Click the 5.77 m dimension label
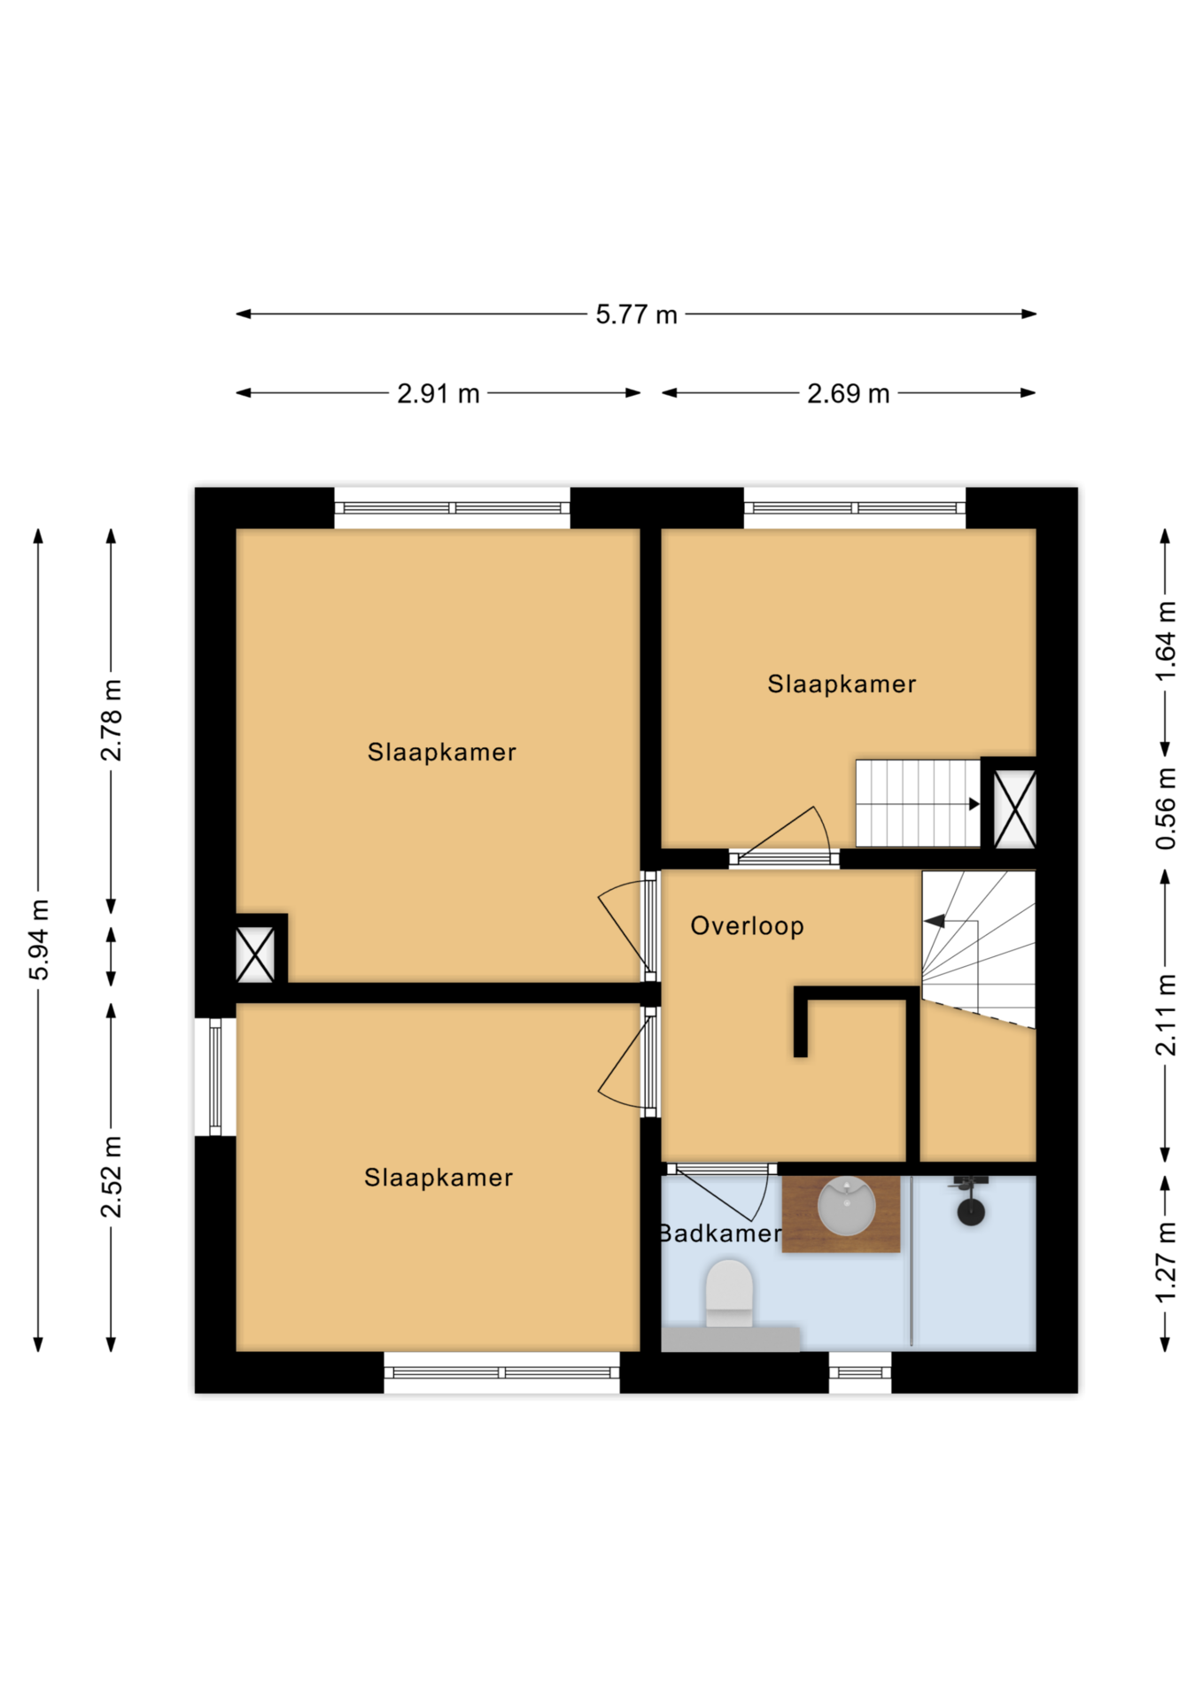coord(636,314)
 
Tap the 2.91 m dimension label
coord(439,393)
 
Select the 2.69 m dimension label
coord(848,393)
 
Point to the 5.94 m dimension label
coord(40,939)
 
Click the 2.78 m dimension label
coord(112,721)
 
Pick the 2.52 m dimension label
coord(112,1177)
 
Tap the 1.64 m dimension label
coord(1166,642)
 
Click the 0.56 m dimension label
coord(1166,808)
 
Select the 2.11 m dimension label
coord(1166,1015)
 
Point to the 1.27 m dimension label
coord(1166,1262)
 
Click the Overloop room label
coord(747,926)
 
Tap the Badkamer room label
coord(720,1233)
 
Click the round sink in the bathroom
coord(846,1206)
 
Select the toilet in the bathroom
coord(729,1294)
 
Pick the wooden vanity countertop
coord(841,1214)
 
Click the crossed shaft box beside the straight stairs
coord(1014,809)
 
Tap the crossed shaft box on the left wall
coord(255,954)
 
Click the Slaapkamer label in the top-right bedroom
coord(842,684)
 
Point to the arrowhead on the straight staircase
coord(974,804)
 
